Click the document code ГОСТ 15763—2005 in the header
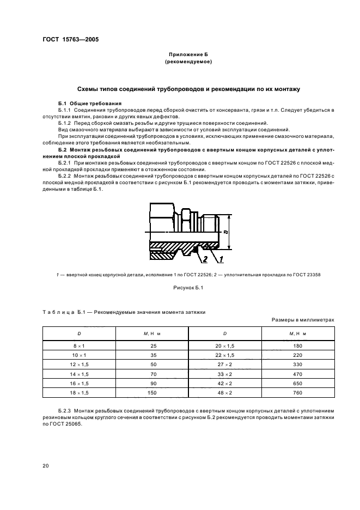click(71, 39)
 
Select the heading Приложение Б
click(188, 55)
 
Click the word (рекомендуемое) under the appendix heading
click(188, 62)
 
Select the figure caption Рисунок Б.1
click(188, 288)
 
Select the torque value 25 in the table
click(152, 345)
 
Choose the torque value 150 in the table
click(152, 392)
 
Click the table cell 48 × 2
click(224, 392)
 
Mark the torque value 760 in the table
click(298, 392)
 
